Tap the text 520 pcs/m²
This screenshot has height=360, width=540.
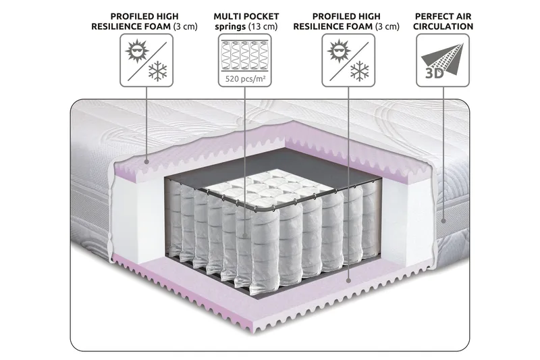pos(246,77)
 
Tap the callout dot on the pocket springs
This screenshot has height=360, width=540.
pos(246,236)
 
